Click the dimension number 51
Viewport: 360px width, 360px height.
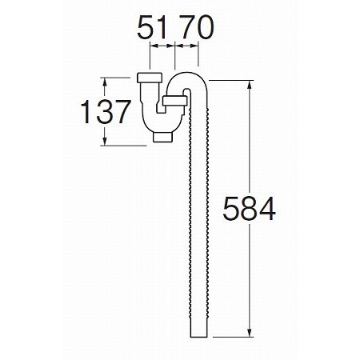pos(152,27)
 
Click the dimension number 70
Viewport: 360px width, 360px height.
pos(197,27)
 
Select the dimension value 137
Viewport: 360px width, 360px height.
pos(106,112)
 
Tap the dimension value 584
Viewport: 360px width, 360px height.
pos(249,209)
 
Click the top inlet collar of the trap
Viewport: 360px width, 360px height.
pos(150,78)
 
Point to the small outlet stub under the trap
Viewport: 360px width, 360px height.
pos(163,137)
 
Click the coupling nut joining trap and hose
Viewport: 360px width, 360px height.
pos(174,101)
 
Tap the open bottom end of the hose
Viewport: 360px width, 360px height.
pos(199,336)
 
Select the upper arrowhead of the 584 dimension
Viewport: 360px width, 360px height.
pos(250,86)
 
